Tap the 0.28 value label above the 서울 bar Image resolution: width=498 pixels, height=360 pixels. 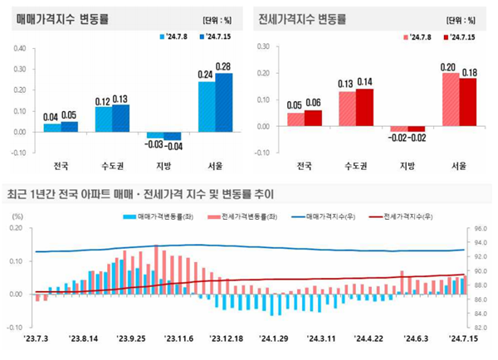click(223, 66)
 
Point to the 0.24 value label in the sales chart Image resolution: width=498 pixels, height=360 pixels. click(204, 73)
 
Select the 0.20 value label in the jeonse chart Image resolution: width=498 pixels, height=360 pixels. click(448, 66)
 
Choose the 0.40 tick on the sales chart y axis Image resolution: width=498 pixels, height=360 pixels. click(19, 47)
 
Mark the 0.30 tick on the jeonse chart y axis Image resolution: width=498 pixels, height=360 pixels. click(263, 47)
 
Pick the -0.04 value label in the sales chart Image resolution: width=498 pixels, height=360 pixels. click(173, 146)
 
